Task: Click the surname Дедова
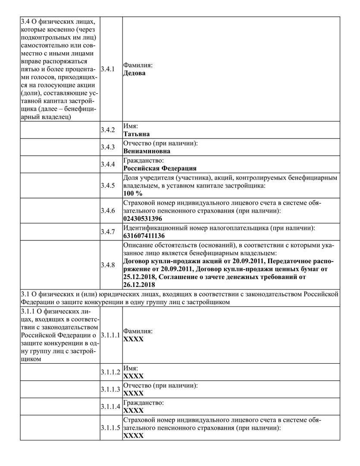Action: pos(135,73)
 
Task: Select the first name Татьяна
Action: pos(137,134)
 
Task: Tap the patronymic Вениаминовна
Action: pos(147,151)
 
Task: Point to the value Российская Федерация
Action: pos(160,168)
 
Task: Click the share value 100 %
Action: pos(133,193)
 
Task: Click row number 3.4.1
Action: pos(107,69)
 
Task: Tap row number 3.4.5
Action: pos(107,186)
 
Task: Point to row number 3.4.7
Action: pos(107,232)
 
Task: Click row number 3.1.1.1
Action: pos(110,335)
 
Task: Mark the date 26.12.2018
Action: pos(139,285)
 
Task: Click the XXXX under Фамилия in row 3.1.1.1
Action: pos(133,339)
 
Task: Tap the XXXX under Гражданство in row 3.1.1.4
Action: pos(133,410)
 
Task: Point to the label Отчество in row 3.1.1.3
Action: pos(160,385)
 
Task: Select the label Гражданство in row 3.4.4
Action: pos(144,161)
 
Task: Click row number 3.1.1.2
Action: pos(110,372)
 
